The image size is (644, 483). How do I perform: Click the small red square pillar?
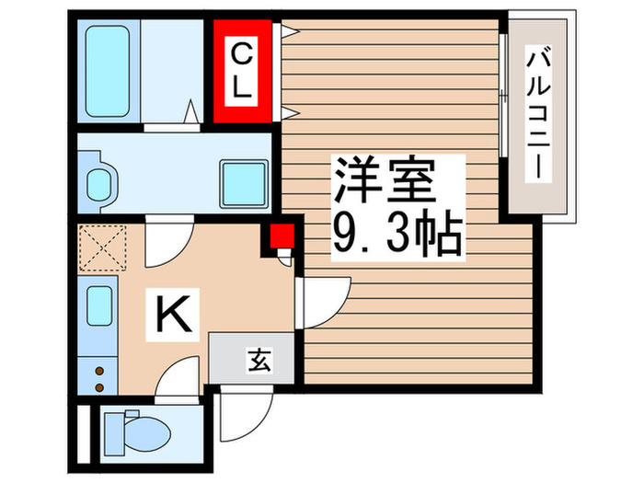point(281,236)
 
